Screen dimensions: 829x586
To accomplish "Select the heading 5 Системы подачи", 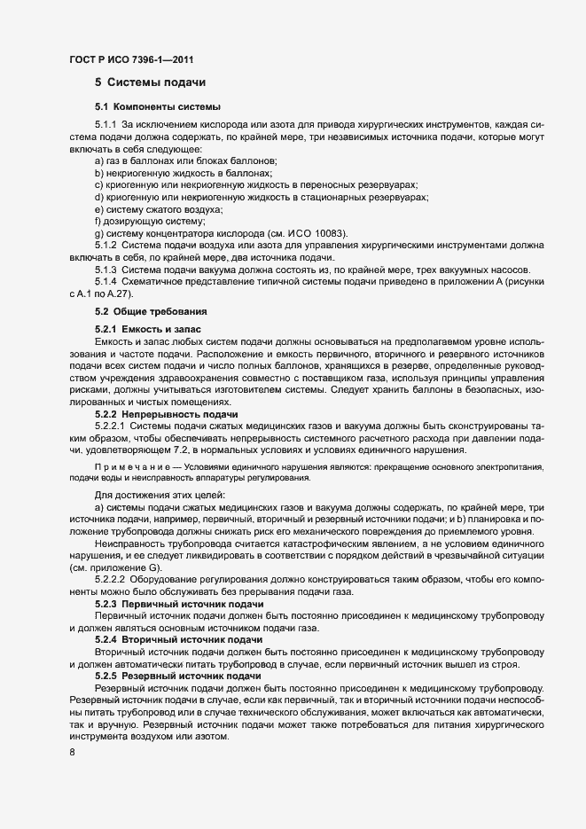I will (x=150, y=83).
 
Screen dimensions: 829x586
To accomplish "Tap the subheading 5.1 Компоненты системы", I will (x=152, y=107).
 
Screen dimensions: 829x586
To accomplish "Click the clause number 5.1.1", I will (x=106, y=124).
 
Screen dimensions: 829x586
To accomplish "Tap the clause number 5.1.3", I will (x=106, y=270).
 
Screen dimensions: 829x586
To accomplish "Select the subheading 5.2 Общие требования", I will (x=151, y=313).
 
